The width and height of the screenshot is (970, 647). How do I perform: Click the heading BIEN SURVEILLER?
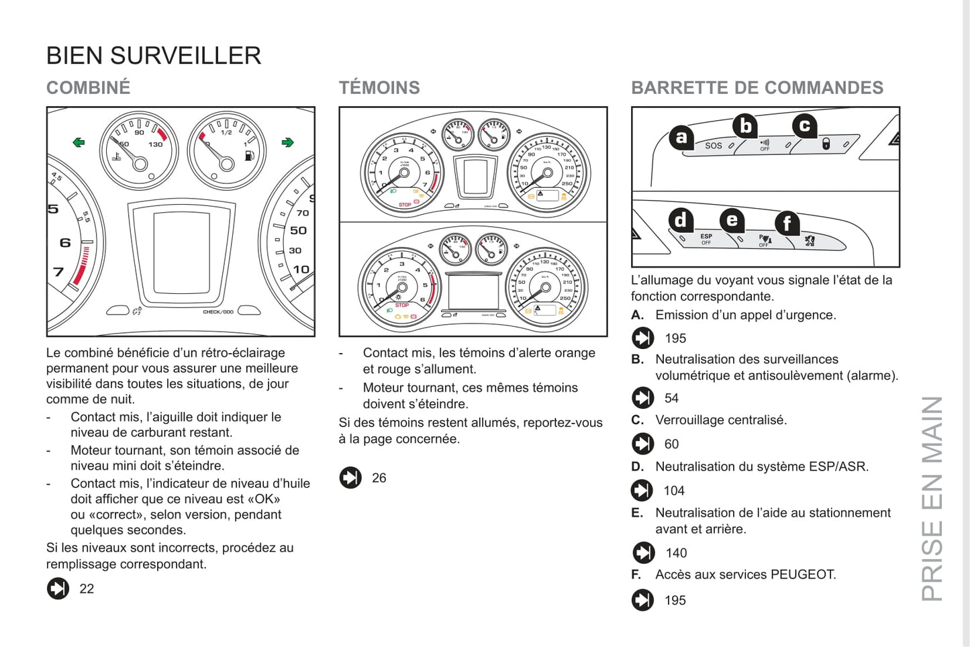[x=154, y=56]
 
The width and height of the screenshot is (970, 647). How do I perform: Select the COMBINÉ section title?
[x=89, y=88]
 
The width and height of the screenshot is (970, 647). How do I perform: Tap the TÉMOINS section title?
[x=379, y=88]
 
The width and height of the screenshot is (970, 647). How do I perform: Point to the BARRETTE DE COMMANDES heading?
[x=757, y=88]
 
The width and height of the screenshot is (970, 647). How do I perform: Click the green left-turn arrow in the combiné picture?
[x=79, y=142]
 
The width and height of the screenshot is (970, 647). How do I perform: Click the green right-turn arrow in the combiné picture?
[x=288, y=142]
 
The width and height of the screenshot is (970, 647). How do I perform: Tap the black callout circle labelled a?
[x=681, y=138]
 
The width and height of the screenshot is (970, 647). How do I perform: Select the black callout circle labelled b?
[x=745, y=126]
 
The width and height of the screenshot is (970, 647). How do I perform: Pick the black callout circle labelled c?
[x=804, y=126]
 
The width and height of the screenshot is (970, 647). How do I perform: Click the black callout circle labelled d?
[x=681, y=220]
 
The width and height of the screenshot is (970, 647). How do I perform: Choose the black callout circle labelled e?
[x=732, y=220]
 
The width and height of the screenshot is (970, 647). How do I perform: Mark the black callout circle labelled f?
[x=787, y=223]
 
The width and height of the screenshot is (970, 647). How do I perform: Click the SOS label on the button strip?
[x=714, y=146]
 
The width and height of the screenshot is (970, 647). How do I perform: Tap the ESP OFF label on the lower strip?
[x=706, y=239]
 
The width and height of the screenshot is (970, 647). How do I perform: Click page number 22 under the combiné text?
[x=87, y=589]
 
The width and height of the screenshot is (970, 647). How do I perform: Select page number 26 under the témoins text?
[x=379, y=478]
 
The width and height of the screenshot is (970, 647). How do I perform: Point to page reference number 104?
[x=674, y=491]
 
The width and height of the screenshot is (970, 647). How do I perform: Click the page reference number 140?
[x=676, y=553]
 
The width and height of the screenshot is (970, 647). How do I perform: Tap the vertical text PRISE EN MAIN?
[x=932, y=498]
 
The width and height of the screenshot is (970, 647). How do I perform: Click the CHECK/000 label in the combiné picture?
[x=218, y=312]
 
